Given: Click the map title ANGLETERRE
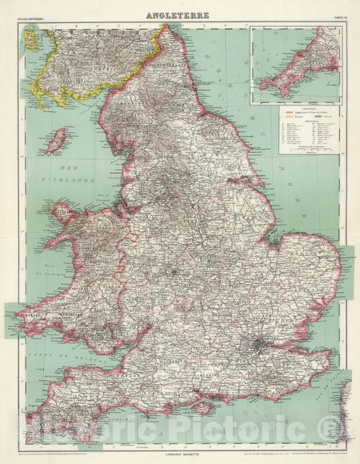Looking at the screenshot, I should [x=178, y=15].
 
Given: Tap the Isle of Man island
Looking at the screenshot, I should [x=56, y=140].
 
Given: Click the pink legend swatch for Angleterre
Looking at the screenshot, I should [x=288, y=113].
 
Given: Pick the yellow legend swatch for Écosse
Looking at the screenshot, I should [x=288, y=118].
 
